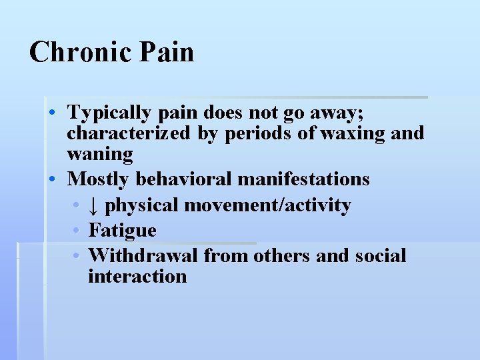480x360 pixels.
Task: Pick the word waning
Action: [x=100, y=155]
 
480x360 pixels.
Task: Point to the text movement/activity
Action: [x=267, y=205]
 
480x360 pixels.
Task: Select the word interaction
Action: [x=137, y=276]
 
